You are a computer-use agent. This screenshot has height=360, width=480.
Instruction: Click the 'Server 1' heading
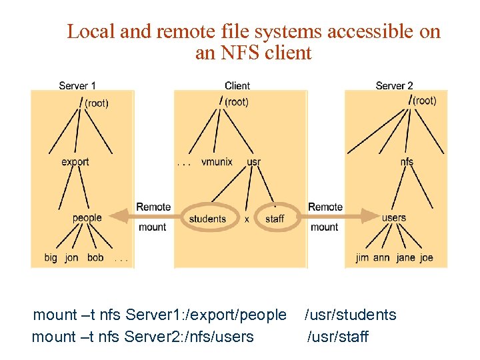tap(77, 85)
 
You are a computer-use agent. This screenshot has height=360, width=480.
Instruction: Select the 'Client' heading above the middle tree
tap(237, 85)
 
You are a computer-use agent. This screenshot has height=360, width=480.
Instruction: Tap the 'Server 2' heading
tap(394, 85)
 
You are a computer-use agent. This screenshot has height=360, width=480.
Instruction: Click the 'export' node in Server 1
tap(75, 162)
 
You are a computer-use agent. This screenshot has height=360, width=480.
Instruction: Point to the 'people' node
tap(87, 217)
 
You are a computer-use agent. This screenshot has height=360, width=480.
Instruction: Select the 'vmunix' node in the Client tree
tap(217, 162)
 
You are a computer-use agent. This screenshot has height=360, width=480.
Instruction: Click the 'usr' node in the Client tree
tap(253, 162)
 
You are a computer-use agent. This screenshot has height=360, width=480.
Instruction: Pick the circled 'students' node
tap(207, 219)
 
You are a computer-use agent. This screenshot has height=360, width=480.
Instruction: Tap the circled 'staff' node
tap(274, 219)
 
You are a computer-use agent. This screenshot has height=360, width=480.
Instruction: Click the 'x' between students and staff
tap(247, 219)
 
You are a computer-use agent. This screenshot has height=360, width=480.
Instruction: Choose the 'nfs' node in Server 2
tap(407, 162)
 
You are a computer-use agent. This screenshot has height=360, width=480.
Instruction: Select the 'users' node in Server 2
tap(394, 217)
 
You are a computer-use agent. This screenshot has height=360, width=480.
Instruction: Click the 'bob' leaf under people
tap(95, 257)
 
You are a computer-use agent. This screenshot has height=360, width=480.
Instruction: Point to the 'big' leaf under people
tap(51, 257)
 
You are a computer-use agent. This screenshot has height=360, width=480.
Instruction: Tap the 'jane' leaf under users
tap(405, 257)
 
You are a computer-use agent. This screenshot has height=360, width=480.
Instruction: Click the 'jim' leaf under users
tap(362, 257)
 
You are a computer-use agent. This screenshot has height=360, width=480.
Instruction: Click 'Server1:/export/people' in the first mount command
tap(206, 315)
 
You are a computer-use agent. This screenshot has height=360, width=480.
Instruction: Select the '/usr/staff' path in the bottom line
tap(337, 337)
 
